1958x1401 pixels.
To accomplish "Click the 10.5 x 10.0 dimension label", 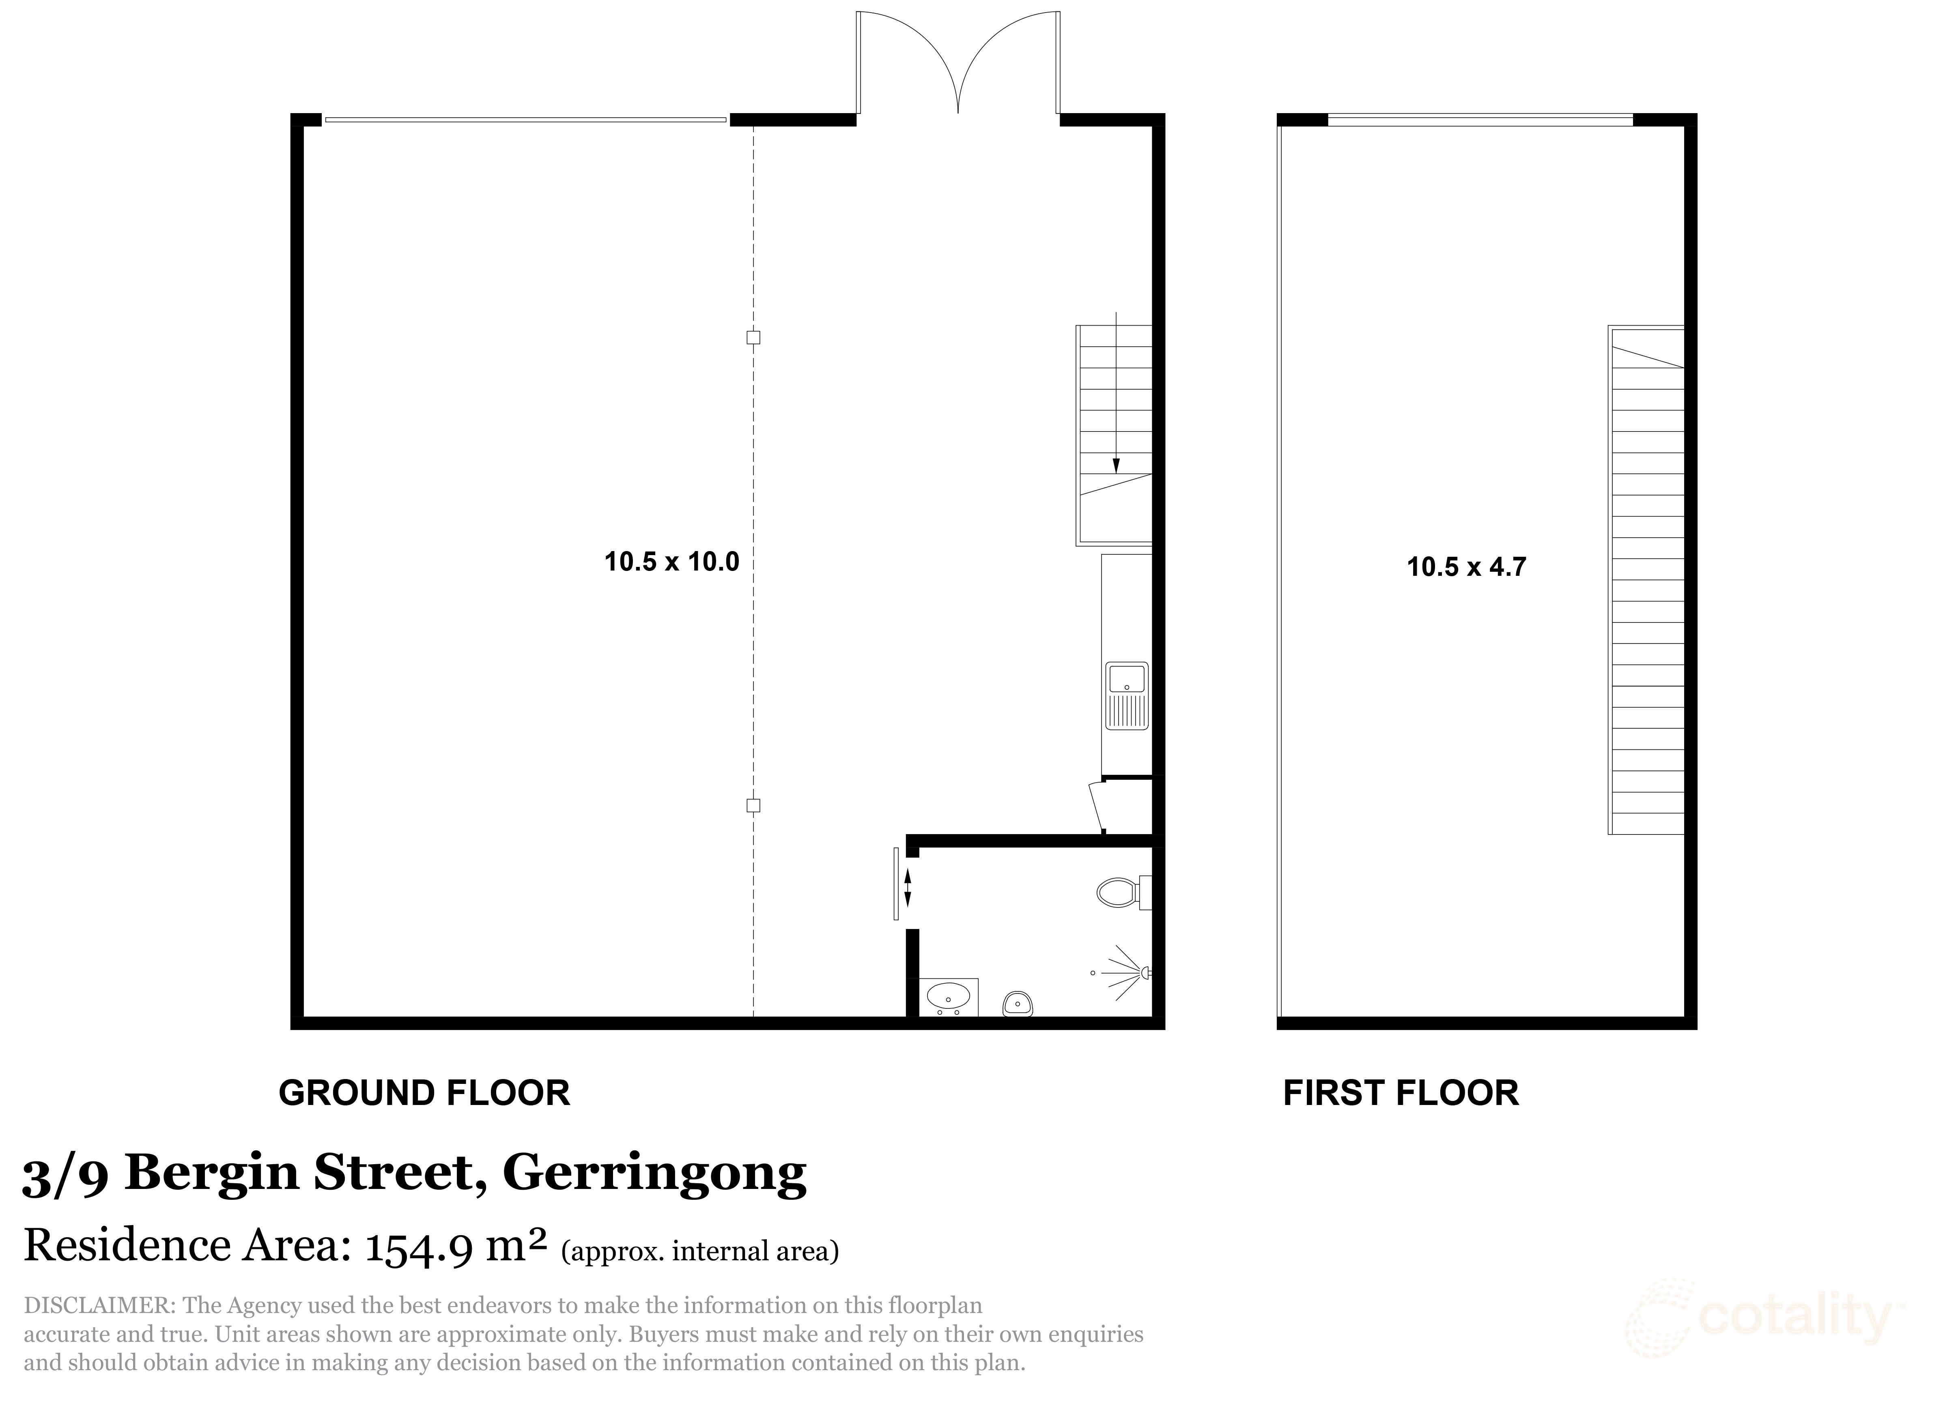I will click(671, 562).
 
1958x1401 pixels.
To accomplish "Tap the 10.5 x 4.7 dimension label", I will click(1466, 567).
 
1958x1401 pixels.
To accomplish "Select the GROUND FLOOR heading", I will click(424, 1093).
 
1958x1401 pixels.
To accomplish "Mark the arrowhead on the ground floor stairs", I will click(1116, 466).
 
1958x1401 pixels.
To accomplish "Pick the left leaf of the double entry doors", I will click(906, 60).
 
